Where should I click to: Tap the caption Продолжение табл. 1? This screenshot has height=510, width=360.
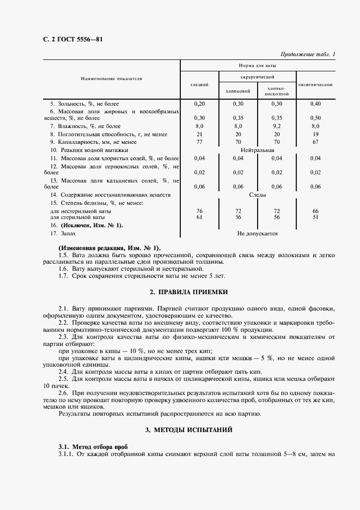tap(308, 53)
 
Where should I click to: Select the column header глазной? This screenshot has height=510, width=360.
tap(199, 84)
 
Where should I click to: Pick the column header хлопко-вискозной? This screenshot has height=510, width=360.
tap(277, 91)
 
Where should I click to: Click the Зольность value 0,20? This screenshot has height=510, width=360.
tap(199, 104)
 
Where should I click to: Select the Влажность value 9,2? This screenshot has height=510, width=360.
tap(277, 126)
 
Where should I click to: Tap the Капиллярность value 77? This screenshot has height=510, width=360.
tap(199, 141)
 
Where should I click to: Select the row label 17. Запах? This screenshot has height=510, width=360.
tap(64, 233)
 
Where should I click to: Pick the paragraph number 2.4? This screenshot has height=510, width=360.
tap(63, 371)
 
